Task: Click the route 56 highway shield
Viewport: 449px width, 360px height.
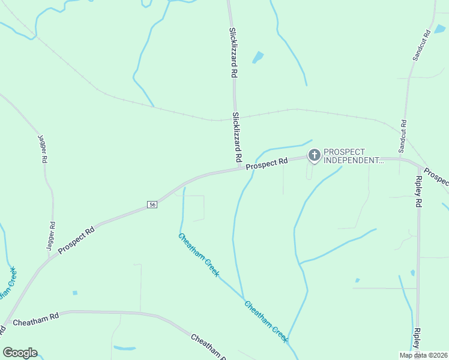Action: (x=152, y=205)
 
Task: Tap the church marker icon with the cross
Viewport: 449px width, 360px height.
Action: (x=314, y=155)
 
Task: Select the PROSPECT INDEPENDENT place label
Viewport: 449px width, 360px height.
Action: (x=353, y=156)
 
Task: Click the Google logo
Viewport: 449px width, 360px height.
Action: (x=20, y=353)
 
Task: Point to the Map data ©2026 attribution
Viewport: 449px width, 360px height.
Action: (x=423, y=355)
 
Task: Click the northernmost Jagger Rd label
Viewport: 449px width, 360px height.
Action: (x=42, y=149)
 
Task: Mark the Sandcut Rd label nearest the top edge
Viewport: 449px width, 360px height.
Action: (x=420, y=45)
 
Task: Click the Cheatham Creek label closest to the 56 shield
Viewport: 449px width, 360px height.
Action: (x=198, y=254)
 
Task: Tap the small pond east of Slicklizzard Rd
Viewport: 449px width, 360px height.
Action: (x=258, y=58)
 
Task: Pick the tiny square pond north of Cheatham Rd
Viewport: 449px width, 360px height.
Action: (x=74, y=293)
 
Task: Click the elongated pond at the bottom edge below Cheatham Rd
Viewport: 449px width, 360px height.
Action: (x=125, y=347)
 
